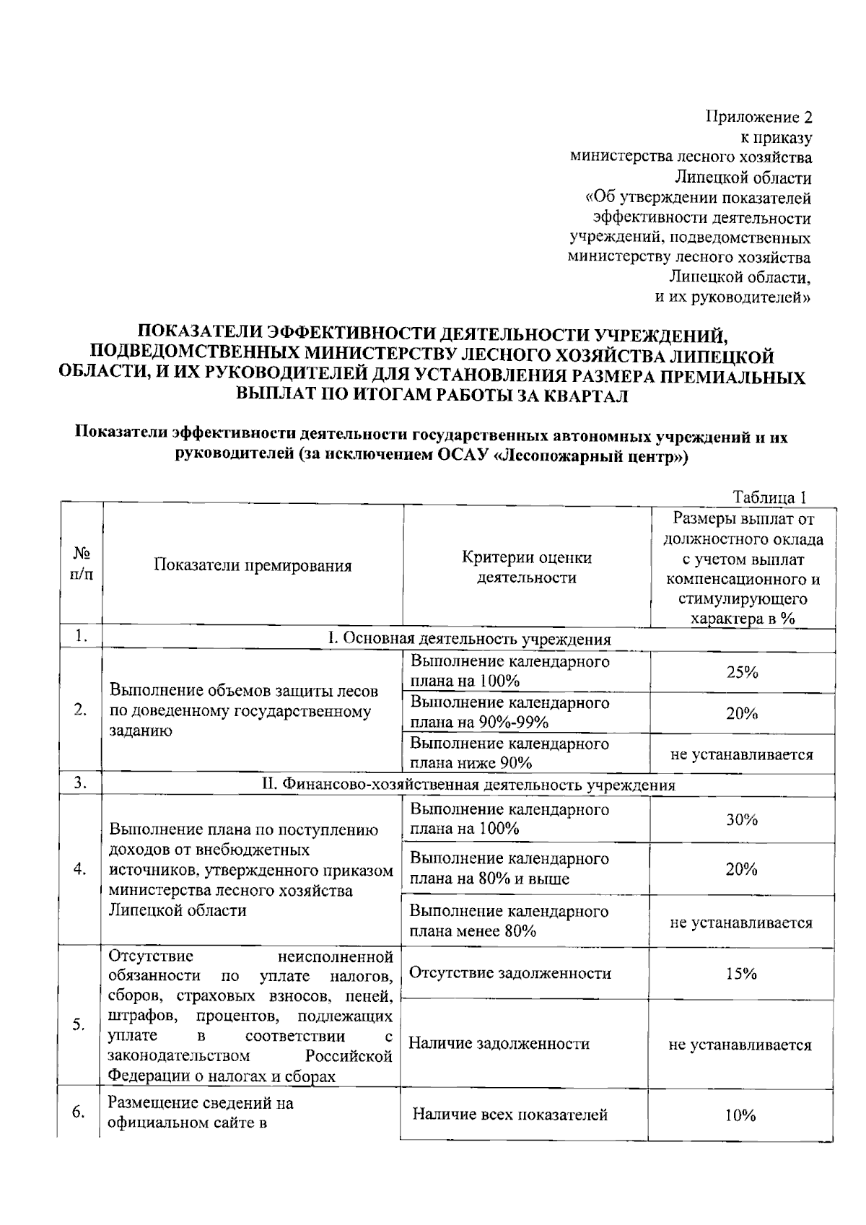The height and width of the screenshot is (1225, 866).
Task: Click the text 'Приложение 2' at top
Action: (758, 118)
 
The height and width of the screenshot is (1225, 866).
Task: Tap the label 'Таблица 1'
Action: (769, 497)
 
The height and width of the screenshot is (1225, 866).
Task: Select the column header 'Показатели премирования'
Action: (253, 566)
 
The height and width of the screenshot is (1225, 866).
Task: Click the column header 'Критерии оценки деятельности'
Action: (527, 567)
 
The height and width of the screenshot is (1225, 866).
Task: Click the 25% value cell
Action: (742, 672)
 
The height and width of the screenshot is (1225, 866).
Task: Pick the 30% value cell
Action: (741, 819)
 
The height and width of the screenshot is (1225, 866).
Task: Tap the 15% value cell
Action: (741, 973)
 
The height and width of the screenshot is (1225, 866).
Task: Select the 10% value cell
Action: (740, 1115)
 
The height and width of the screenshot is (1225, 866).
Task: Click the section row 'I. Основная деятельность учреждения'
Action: (469, 639)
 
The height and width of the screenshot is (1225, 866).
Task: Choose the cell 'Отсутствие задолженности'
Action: (510, 973)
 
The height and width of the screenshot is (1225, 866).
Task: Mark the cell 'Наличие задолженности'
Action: (499, 1043)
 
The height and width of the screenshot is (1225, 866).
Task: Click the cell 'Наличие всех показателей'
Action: (509, 1115)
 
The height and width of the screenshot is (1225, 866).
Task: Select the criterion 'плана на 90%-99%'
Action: (479, 723)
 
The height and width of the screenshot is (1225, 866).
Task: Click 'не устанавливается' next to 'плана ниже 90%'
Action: (742, 755)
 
